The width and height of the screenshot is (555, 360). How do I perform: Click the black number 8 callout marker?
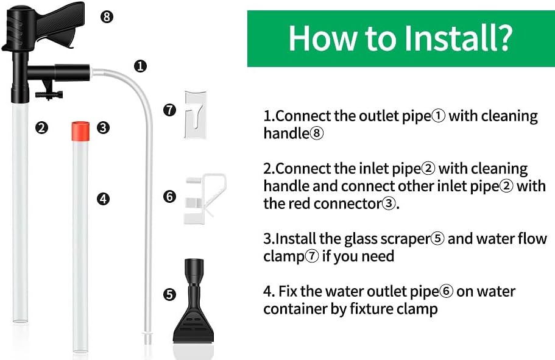click(107, 16)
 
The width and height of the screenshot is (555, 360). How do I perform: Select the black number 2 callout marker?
click(41, 128)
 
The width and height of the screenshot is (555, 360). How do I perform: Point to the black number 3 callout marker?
click(103, 128)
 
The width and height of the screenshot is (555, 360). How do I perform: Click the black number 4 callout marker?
click(103, 199)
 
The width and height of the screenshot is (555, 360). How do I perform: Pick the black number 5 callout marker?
click(169, 295)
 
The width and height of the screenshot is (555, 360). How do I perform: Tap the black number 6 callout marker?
click(169, 197)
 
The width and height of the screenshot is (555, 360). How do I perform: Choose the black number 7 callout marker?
click(169, 110)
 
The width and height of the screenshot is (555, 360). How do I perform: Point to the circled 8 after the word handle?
click(317, 133)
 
